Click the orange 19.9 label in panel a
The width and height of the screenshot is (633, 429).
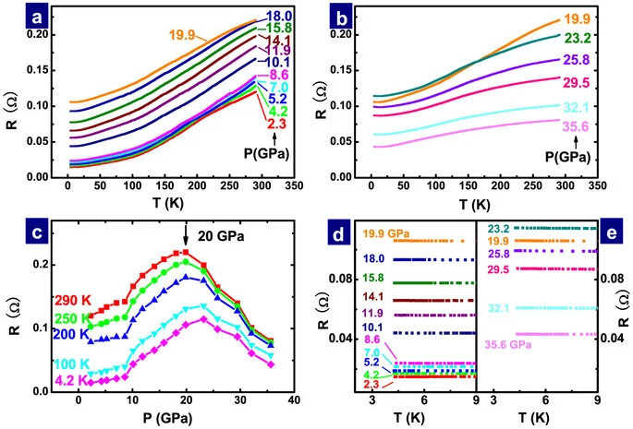(184, 35)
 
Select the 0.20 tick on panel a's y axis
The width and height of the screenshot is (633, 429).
(30, 34)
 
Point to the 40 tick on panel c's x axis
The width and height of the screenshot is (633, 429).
(293, 401)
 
